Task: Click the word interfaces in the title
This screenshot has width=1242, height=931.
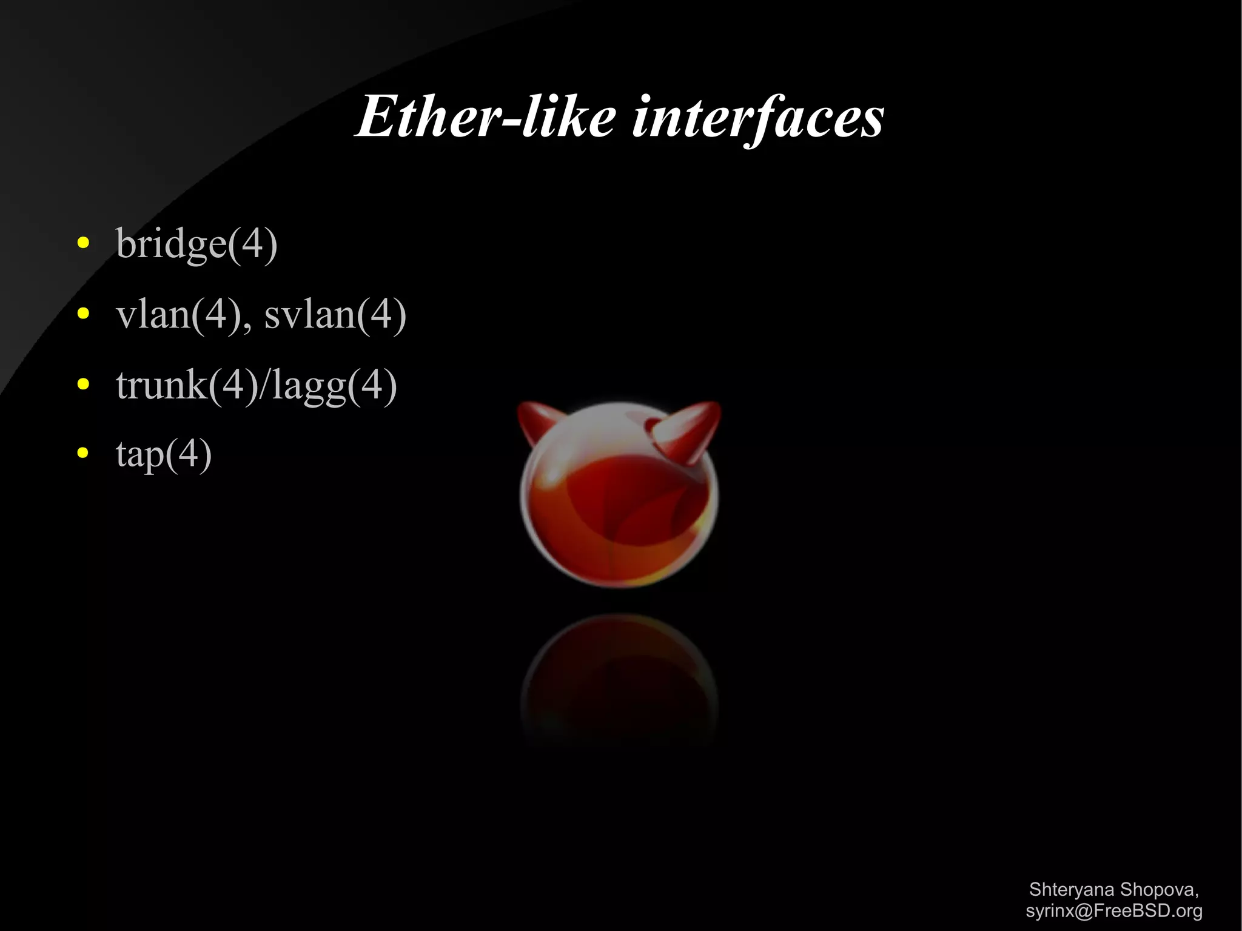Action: [x=757, y=118]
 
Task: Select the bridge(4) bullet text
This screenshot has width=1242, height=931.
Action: [x=196, y=244]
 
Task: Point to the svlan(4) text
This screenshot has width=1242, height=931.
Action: [x=335, y=315]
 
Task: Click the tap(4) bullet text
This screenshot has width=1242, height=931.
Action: [x=164, y=454]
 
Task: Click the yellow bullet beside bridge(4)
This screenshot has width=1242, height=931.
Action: [x=84, y=244]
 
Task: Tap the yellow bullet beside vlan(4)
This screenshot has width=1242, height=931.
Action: [x=84, y=314]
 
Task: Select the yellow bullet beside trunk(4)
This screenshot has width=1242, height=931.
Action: [x=84, y=384]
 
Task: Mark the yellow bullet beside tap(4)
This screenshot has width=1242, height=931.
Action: [x=84, y=453]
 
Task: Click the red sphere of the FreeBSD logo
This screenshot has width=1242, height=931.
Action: [x=619, y=503]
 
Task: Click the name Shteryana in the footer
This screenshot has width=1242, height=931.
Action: [x=1072, y=890]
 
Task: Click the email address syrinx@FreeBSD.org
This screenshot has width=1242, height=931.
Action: [x=1113, y=911]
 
